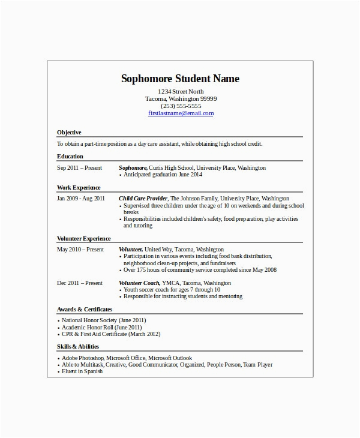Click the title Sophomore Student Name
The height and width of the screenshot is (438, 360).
pyautogui.click(x=181, y=79)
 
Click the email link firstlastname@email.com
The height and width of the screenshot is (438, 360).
pyautogui.click(x=181, y=113)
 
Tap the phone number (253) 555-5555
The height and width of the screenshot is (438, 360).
pyautogui.click(x=181, y=106)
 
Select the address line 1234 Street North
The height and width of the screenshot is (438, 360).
pyautogui.click(x=181, y=92)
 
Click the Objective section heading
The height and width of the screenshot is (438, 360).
pyautogui.click(x=69, y=133)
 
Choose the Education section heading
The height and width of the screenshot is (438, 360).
pyautogui.click(x=70, y=157)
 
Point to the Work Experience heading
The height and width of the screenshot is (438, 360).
pyautogui.click(x=79, y=187)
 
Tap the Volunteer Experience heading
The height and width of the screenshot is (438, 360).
pyautogui.click(x=84, y=238)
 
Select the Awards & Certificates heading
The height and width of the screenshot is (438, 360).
pyautogui.click(x=85, y=310)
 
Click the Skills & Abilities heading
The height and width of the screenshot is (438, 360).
pyautogui.click(x=78, y=347)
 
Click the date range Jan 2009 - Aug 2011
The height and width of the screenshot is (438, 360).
pyautogui.click(x=81, y=198)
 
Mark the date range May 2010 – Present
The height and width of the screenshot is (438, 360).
pyautogui.click(x=80, y=249)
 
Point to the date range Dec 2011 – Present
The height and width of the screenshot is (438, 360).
pyautogui.click(x=80, y=283)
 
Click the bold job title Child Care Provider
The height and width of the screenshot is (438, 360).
pyautogui.click(x=143, y=198)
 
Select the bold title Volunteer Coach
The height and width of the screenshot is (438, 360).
pyautogui.click(x=139, y=283)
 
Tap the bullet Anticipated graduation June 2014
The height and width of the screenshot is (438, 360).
pyautogui.click(x=163, y=175)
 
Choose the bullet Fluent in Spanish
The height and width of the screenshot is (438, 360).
pyautogui.click(x=82, y=371)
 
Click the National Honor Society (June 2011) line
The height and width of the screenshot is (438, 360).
pyautogui.click(x=104, y=320)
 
